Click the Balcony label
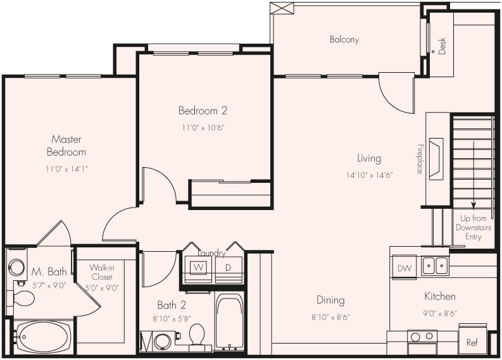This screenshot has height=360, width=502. pos(344,39)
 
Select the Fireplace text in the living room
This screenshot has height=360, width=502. pos(419,159)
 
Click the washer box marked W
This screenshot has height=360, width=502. pos(199,267)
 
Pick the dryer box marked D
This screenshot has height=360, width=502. pos(228,267)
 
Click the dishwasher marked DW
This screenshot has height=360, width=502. pos(403,268)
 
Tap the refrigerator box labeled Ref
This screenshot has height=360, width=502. pos(472,342)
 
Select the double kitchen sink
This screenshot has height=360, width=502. pos(435,266)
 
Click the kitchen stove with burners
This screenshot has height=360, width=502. pos(421,342)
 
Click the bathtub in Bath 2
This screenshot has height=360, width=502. pos(229,323)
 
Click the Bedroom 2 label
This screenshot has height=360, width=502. pos(203,111)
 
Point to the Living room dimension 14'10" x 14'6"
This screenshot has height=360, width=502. pos(370,175)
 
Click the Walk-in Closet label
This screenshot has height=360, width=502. pos(101,272)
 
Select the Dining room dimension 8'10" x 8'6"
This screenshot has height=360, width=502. pos(330,316)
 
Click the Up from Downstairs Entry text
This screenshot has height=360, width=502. pos(473,227)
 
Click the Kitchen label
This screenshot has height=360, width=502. pos(439,296)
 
